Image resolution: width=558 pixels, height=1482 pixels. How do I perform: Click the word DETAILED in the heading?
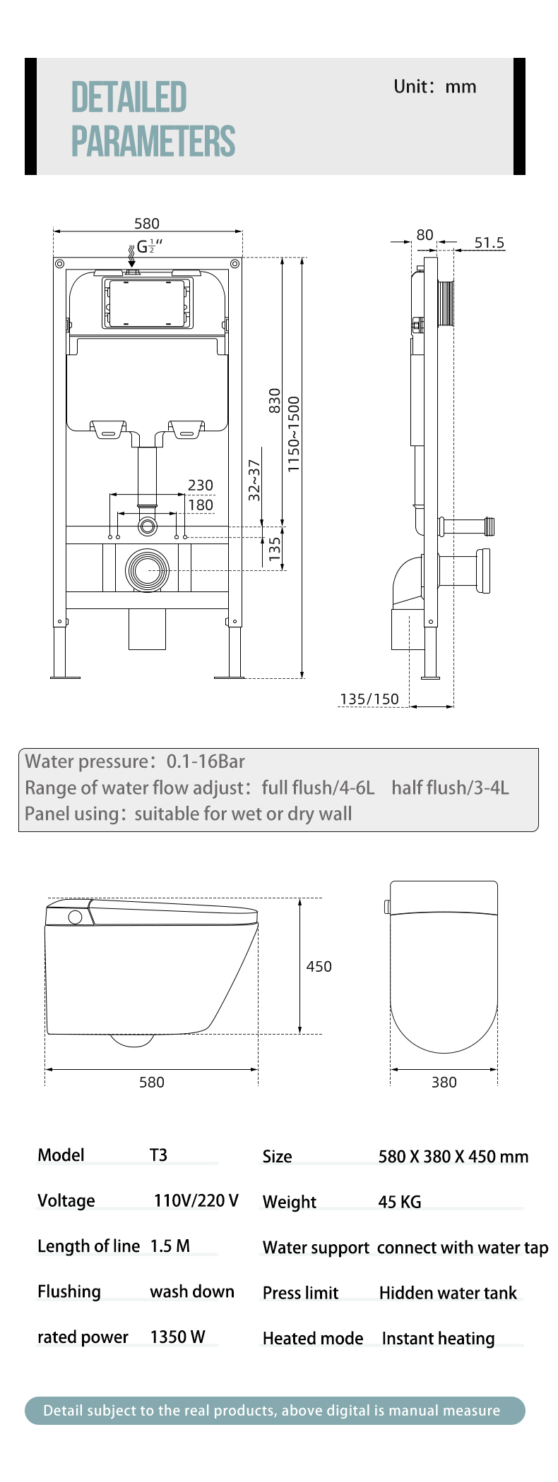[129, 97]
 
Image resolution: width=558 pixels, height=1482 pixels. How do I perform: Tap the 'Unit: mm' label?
[435, 87]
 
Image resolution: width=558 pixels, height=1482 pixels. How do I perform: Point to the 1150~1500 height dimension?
[294, 434]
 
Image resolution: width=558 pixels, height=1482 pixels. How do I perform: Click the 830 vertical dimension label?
[275, 401]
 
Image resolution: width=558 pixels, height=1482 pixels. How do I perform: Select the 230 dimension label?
[201, 486]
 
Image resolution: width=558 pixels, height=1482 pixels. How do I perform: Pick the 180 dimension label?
[201, 505]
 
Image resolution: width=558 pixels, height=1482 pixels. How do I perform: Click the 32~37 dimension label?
[254, 480]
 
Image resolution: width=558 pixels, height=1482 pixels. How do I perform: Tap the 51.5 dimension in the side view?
[489, 243]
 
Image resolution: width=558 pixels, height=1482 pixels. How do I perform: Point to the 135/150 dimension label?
[369, 699]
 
